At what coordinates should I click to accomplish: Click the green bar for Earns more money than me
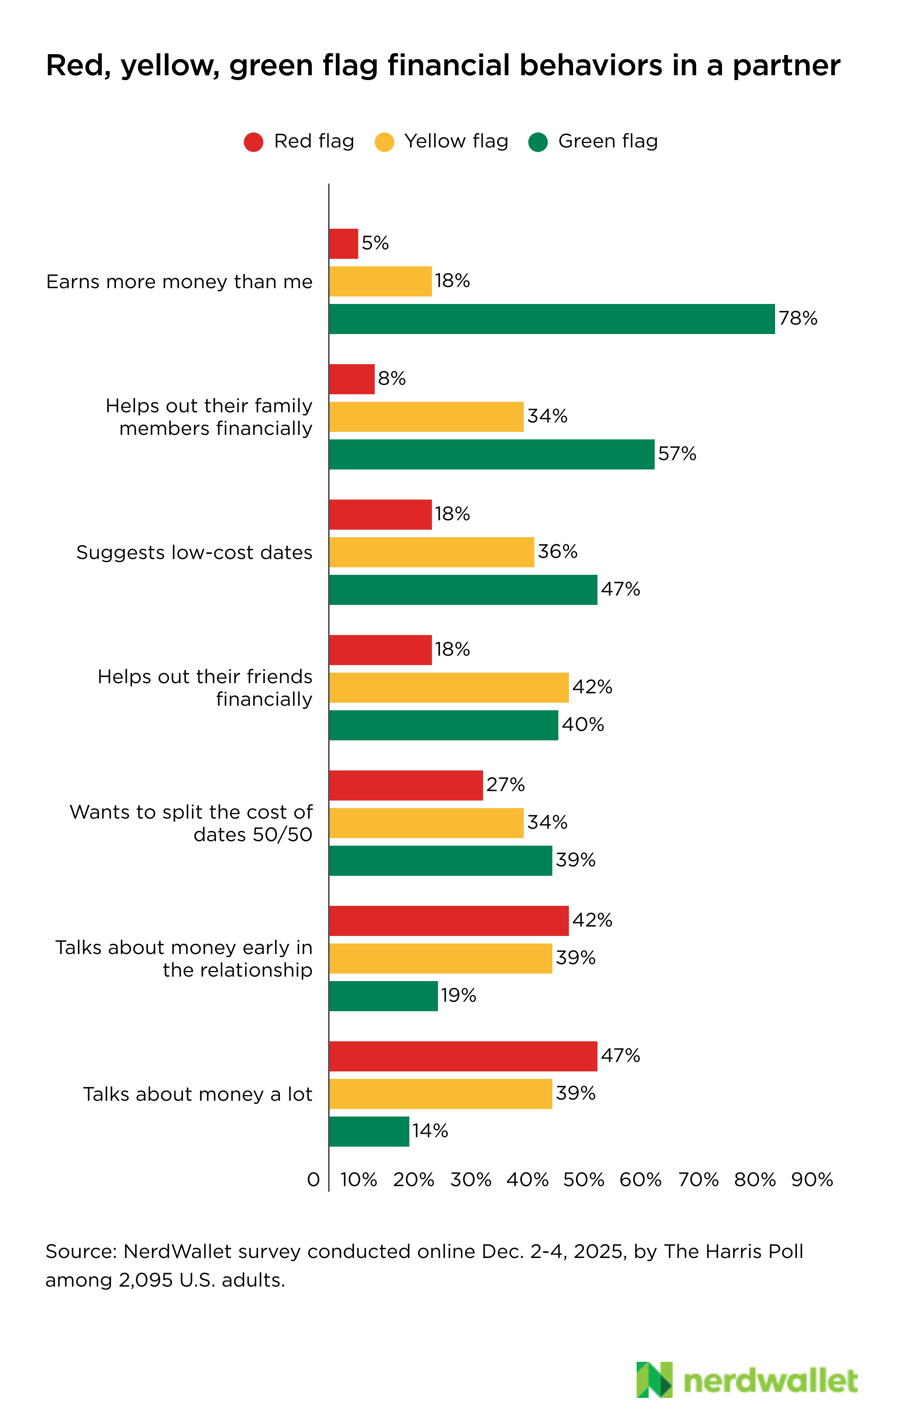pos(552,319)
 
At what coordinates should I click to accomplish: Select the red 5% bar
pos(343,243)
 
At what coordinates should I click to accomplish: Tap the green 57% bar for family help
pos(491,454)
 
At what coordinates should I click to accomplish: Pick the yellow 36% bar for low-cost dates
pos(431,552)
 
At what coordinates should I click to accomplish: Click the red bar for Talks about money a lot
pos(463,1056)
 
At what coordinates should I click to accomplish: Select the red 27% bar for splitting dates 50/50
pos(406,785)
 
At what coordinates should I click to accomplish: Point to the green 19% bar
pos(383,996)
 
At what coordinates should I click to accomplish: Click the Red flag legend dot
pos(253,142)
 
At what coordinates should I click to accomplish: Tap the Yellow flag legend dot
pos(385,142)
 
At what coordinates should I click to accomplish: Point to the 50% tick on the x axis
pos(584,1180)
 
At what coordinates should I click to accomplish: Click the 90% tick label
pos(812,1180)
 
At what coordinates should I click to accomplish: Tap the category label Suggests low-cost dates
pos(194,552)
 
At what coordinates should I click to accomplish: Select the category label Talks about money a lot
pos(197,1094)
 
